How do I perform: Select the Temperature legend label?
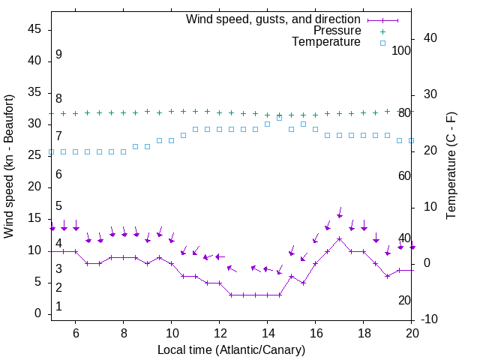click(326, 42)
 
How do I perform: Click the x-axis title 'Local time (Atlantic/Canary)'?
click(231, 349)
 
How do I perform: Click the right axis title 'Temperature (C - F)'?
click(451, 166)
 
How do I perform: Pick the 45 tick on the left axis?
click(34, 28)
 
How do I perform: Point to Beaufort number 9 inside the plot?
click(58, 55)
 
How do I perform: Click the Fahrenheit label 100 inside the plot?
click(402, 50)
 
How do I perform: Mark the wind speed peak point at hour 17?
click(340, 238)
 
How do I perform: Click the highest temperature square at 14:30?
click(280, 118)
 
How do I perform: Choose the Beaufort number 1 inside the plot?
click(58, 307)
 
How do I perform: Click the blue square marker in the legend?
click(382, 43)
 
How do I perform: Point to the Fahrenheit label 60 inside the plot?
click(404, 175)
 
